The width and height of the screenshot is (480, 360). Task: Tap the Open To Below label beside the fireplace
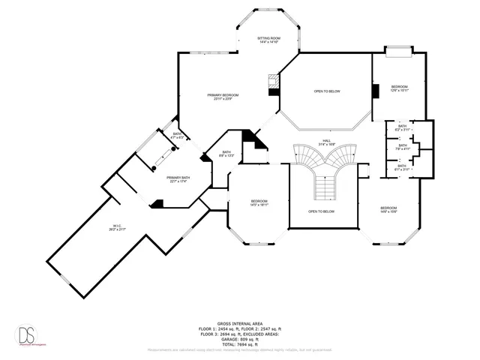point(327,91)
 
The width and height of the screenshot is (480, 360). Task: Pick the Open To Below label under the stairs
point(321,211)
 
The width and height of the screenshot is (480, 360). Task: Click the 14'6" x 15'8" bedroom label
point(388,209)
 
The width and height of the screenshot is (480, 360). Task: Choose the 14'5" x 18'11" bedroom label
point(259,202)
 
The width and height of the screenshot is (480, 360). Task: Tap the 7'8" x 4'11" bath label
point(403,148)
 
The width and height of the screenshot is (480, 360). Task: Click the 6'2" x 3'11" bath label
point(403,127)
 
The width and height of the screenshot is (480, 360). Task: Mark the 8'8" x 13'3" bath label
point(226,154)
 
